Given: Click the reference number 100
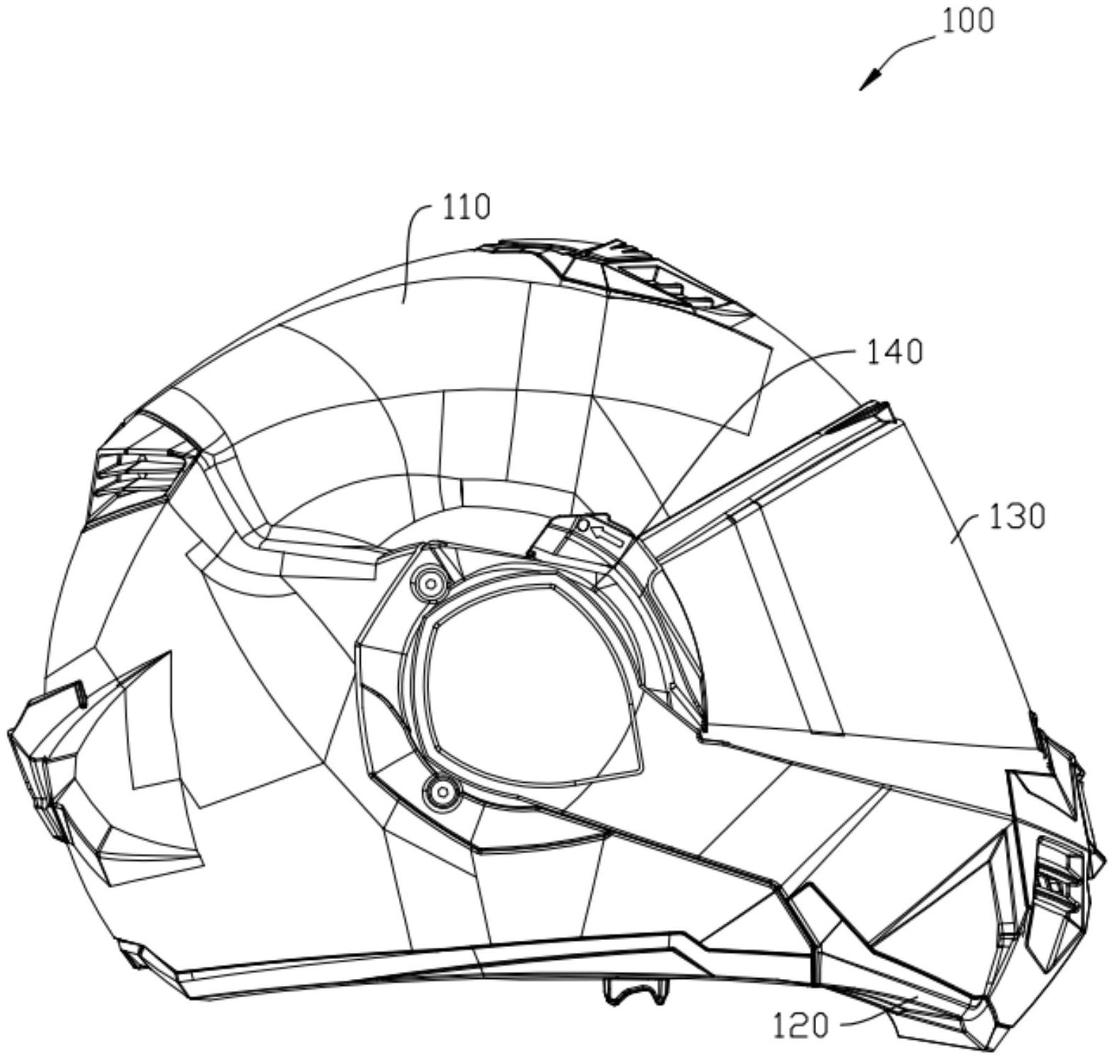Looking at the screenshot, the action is click(x=967, y=21).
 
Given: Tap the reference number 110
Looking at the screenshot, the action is click(x=465, y=207).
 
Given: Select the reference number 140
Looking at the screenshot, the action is click(x=894, y=352).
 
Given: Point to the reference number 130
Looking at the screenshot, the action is click(x=1016, y=517).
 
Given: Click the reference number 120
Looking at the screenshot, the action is click(x=800, y=1025).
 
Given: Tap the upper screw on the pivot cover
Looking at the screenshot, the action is click(x=429, y=583).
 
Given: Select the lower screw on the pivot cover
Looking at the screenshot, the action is click(x=439, y=793).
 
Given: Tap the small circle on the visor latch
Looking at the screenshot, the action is click(x=582, y=526).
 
